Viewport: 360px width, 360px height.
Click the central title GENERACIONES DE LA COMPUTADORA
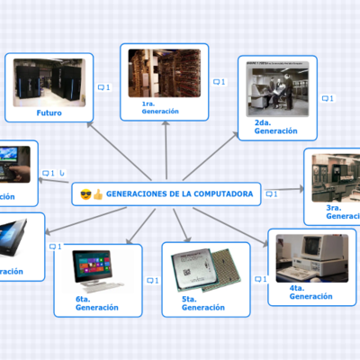pos(178,193)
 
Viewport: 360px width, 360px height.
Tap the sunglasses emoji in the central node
pos(85,193)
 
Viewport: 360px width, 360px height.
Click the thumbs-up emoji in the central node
pos(98,193)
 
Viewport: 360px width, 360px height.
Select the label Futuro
pos(49,113)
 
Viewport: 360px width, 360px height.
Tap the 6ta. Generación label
pos(97,302)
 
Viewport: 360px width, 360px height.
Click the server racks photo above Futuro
pos(49,81)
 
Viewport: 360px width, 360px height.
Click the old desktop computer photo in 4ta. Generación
pos(311,258)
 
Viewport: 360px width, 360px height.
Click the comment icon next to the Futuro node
pos(102,87)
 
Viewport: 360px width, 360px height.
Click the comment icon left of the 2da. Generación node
pos(218,82)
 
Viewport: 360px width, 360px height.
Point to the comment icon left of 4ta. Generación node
pos(259,280)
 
